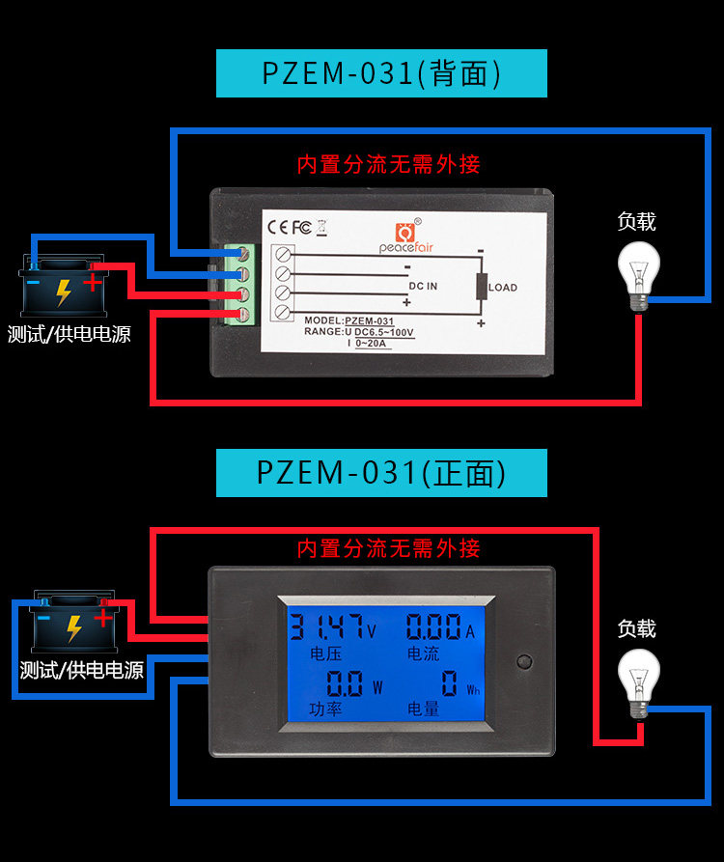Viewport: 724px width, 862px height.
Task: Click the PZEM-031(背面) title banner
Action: coord(381,73)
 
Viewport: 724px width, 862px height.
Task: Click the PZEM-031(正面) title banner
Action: coord(381,473)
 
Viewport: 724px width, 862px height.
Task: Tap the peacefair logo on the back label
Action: coord(406,236)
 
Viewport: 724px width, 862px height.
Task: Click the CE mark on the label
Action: coord(278,227)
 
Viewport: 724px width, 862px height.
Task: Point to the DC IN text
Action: coord(423,286)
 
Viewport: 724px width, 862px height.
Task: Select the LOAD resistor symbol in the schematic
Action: coord(482,287)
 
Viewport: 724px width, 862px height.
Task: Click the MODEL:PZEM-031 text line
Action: coord(349,320)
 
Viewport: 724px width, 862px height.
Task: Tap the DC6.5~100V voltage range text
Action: coord(383,332)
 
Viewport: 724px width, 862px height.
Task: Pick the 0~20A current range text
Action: coord(371,344)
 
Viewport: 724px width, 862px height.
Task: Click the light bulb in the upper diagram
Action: coord(639,275)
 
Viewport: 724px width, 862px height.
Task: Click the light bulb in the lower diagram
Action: coord(639,683)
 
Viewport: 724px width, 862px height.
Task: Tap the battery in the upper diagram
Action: coord(63,286)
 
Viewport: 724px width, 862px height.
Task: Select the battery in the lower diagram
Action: coord(74,623)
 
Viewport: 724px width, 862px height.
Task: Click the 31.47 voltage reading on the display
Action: coord(326,626)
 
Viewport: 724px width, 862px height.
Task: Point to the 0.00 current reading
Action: coord(433,626)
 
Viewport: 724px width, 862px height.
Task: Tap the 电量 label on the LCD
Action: coord(423,709)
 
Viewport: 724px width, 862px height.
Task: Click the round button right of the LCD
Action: coord(525,661)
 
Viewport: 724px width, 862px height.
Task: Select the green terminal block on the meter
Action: coord(239,284)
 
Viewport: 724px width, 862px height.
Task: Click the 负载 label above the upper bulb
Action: coord(636,221)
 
